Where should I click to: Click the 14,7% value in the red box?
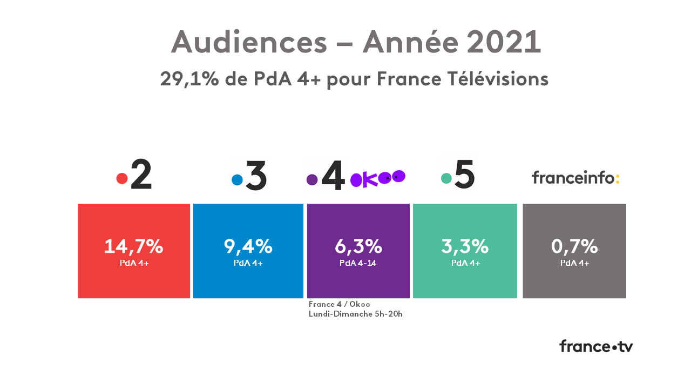coord(133,246)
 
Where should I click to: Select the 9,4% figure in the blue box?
coord(248,246)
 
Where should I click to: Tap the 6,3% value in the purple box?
coord(358,246)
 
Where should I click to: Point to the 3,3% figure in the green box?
coord(465,246)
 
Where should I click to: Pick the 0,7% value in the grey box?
coord(574,246)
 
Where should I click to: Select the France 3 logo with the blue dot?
coord(249,176)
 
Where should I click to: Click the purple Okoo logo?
coord(377,178)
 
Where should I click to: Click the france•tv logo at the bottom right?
coord(596,346)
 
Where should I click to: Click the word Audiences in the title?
coord(249,42)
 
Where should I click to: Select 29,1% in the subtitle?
coord(189,79)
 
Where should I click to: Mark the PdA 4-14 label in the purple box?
coord(358,264)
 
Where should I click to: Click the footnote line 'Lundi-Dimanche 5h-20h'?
coord(355,314)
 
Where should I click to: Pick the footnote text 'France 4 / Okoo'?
coord(339,304)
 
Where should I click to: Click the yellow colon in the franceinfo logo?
coord(618,178)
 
